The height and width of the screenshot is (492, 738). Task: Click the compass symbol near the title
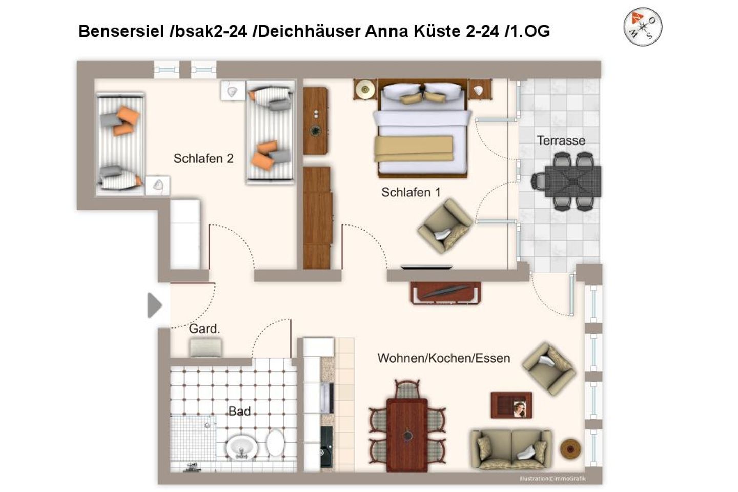click(x=643, y=27)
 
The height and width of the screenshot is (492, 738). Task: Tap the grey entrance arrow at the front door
click(x=155, y=305)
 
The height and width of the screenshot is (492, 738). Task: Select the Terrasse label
click(x=561, y=140)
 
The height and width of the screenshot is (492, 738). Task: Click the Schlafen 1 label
click(x=411, y=192)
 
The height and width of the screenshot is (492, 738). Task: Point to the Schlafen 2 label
click(x=203, y=158)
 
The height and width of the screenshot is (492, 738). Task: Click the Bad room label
click(x=239, y=411)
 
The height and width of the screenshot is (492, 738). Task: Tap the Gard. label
click(x=204, y=329)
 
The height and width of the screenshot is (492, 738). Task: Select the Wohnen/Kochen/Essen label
click(x=444, y=358)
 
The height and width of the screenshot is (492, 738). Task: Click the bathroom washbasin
click(x=241, y=447)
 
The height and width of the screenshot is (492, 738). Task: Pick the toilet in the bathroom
click(x=275, y=443)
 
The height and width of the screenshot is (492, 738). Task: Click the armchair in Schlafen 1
click(x=445, y=225)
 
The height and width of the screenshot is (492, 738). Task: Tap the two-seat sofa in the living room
click(x=511, y=449)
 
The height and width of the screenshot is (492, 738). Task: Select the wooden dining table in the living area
click(x=407, y=435)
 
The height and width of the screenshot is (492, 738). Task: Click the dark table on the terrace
click(x=573, y=181)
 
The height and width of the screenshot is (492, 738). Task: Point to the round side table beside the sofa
click(x=570, y=448)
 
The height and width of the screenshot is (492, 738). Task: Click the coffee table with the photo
click(x=511, y=405)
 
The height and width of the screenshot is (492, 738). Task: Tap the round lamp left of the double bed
click(x=365, y=89)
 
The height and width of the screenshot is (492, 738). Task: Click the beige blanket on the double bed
click(x=414, y=149)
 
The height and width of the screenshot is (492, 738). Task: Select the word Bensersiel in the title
click(x=121, y=31)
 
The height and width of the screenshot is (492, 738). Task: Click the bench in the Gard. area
click(x=206, y=347)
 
